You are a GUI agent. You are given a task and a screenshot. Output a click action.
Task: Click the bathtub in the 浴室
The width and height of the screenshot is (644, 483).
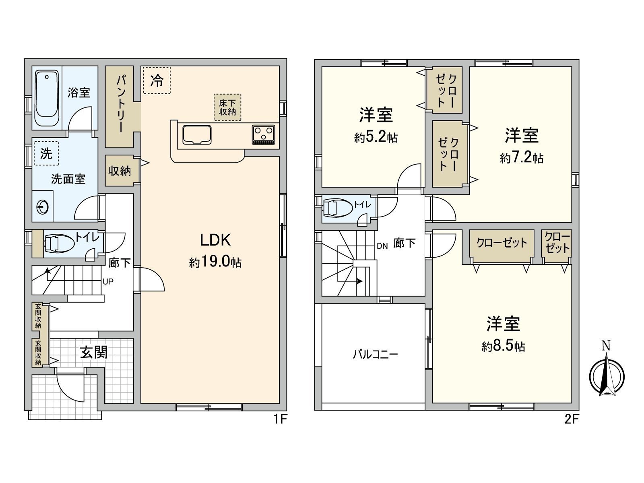[47, 99]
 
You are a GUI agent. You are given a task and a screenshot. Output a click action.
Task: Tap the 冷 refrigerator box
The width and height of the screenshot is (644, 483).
[157, 80]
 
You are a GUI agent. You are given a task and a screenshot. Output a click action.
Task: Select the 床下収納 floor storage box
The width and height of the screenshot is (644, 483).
[227, 107]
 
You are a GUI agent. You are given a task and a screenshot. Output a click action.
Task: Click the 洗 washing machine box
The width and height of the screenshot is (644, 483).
[46, 153]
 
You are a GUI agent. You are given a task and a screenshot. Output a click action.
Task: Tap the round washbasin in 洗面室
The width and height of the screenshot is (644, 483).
[43, 207]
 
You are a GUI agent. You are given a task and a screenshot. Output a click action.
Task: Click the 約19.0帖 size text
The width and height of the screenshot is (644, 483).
[215, 262]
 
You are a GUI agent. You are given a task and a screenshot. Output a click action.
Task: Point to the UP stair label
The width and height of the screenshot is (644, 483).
[108, 282]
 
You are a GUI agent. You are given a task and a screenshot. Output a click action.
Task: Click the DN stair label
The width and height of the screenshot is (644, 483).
[382, 246]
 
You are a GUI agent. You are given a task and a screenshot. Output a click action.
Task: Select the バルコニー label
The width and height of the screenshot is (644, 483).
[375, 354]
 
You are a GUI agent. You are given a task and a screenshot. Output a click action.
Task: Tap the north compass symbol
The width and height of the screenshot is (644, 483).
[607, 374]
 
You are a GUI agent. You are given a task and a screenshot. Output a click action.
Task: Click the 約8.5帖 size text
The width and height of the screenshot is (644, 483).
[503, 346]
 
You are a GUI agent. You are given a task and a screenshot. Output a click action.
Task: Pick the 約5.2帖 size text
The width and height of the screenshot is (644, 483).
[376, 138]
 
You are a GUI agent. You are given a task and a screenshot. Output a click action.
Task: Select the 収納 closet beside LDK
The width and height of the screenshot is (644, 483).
[120, 171]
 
